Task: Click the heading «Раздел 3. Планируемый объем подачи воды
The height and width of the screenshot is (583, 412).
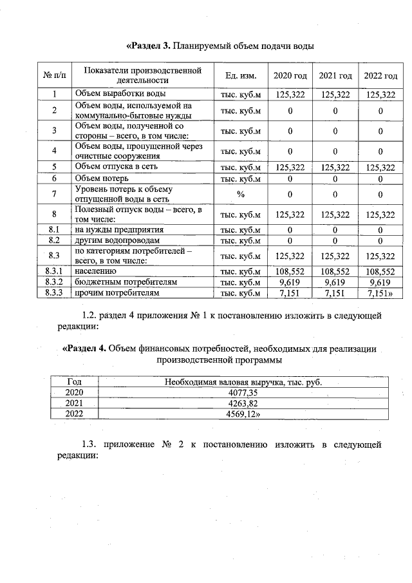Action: tap(220, 46)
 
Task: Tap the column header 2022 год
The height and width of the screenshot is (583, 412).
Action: tap(380, 76)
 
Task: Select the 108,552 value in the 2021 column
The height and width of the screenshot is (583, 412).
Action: tap(335, 272)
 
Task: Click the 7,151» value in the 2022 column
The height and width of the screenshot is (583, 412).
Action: tap(380, 293)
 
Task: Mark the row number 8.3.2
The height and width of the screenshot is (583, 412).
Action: tap(55, 283)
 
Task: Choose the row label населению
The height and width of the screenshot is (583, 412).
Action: tap(97, 272)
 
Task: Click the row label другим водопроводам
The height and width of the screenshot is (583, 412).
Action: tap(117, 240)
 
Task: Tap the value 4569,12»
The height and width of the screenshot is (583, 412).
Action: tap(244, 414)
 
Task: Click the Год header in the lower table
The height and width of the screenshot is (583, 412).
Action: tap(74, 382)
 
